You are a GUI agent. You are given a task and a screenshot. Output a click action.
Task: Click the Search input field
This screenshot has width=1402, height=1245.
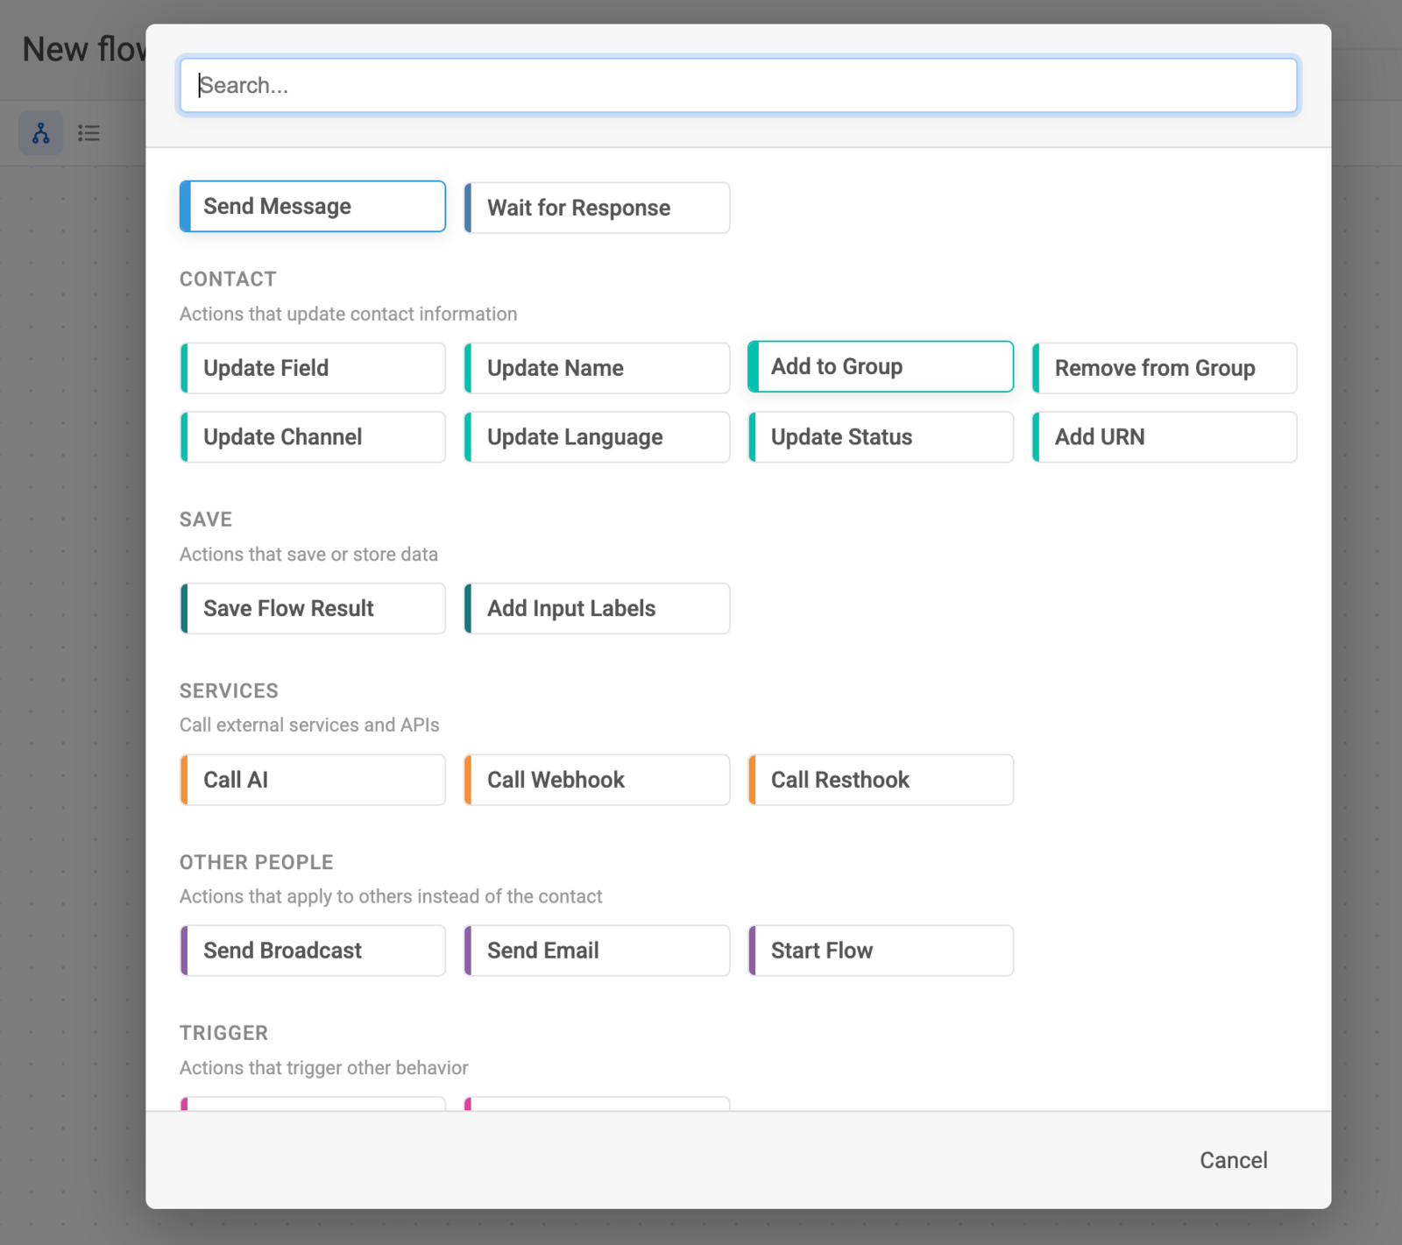738,85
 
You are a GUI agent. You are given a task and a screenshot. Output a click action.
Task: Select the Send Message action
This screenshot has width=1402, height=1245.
313,206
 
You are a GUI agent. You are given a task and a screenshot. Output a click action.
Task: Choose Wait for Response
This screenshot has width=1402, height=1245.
597,208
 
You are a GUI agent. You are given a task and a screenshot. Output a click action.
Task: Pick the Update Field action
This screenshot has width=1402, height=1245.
313,368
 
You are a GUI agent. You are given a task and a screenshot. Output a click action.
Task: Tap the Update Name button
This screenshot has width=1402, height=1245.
597,368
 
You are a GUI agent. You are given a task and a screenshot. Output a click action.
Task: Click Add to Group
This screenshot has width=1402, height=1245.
881,366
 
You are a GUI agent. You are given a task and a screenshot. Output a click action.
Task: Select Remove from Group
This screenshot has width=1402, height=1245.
1165,368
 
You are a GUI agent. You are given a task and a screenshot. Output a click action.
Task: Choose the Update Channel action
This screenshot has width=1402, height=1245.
313,437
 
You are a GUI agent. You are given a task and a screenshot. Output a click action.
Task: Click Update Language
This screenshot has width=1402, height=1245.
597,437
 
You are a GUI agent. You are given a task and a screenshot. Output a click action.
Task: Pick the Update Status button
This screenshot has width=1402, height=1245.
881,437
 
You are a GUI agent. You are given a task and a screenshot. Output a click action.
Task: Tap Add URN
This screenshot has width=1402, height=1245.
1165,437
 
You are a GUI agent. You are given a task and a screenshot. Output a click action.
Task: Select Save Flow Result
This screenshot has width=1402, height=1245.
313,608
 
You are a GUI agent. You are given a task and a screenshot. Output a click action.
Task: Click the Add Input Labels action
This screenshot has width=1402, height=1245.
597,608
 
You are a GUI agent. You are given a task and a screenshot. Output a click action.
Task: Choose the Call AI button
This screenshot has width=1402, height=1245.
313,780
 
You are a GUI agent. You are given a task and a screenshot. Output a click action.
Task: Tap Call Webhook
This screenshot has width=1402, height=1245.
597,780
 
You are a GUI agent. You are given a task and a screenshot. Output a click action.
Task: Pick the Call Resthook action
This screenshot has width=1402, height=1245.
881,780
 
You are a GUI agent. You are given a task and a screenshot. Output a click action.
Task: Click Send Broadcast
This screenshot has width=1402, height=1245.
313,951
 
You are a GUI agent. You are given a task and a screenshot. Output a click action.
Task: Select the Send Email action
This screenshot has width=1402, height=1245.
597,951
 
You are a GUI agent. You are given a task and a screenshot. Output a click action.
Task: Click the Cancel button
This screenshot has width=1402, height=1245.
1233,1160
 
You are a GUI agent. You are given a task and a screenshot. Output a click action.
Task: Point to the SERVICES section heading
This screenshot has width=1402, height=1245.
229,690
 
